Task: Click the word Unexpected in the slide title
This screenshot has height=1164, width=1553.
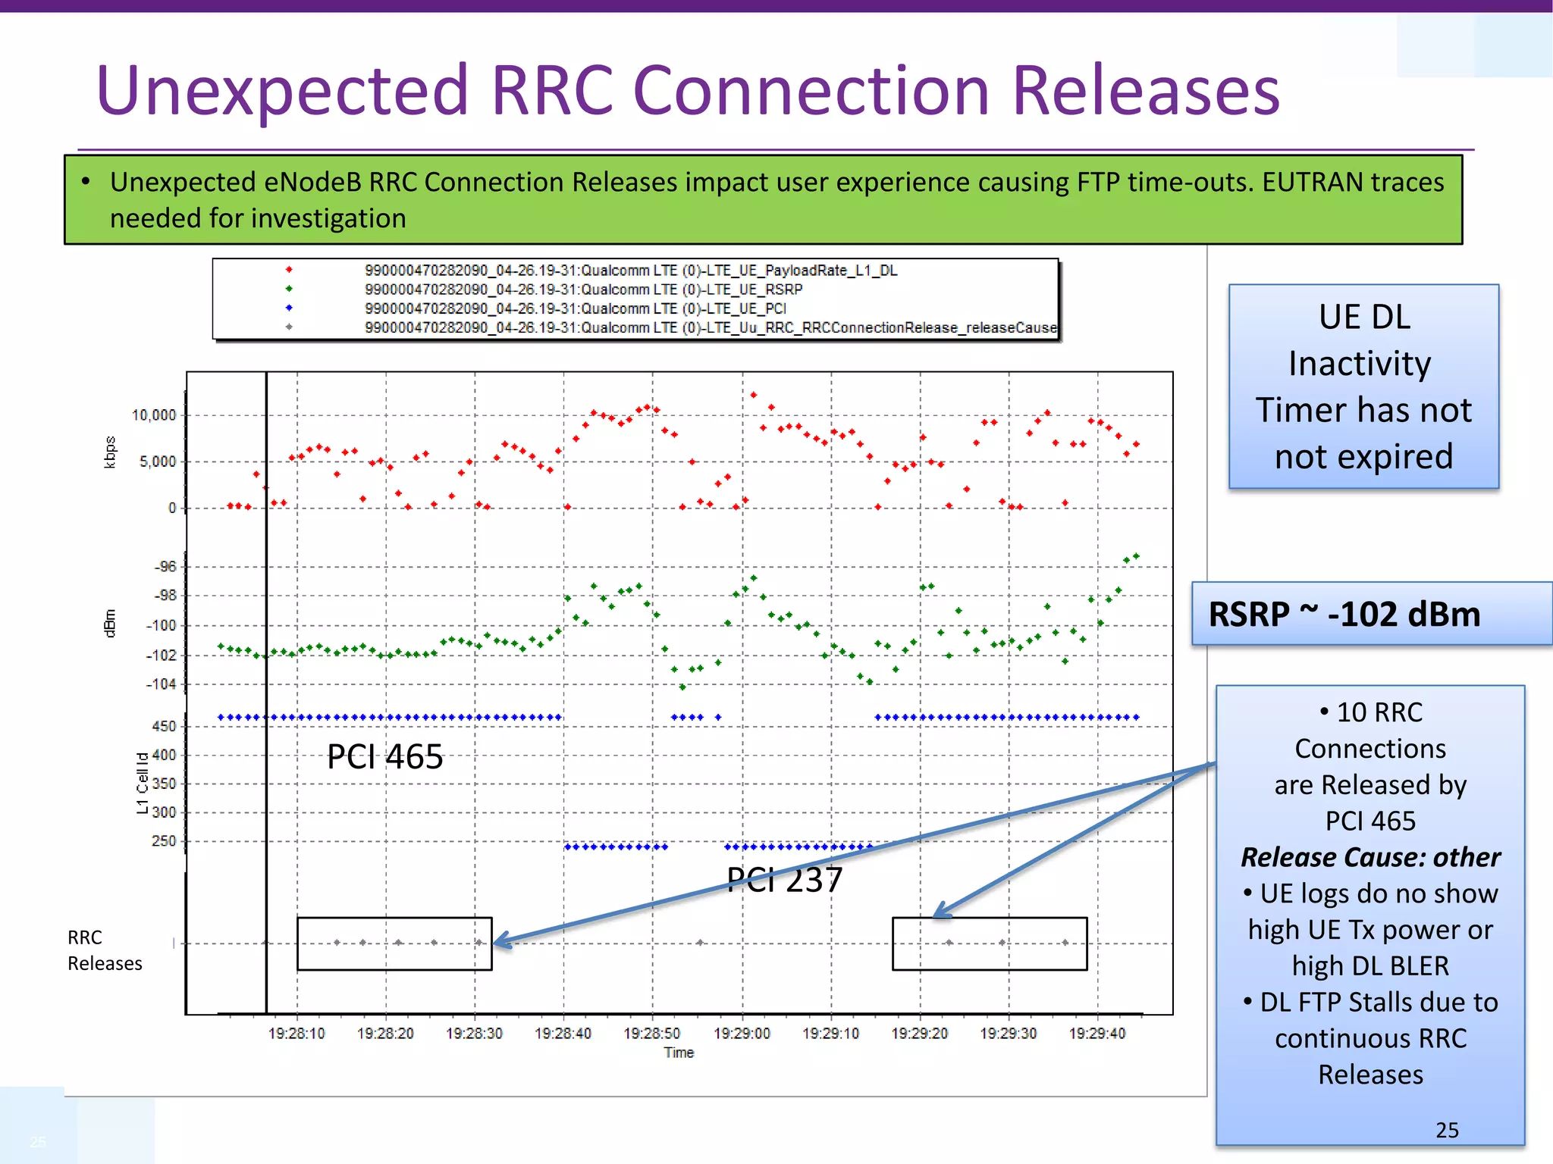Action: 282,91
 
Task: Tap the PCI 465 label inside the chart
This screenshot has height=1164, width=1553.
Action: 384,756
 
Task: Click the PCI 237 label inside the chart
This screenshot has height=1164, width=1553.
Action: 784,880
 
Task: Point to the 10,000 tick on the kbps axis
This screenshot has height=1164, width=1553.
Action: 154,415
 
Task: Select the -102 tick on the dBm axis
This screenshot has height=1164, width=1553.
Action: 160,656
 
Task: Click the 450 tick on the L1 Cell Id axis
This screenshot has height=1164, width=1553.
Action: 164,726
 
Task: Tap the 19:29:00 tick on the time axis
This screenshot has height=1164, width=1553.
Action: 742,1034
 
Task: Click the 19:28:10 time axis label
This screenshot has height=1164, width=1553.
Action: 296,1034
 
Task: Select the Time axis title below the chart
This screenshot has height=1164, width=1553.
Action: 679,1053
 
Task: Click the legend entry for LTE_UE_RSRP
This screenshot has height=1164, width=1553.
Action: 582,289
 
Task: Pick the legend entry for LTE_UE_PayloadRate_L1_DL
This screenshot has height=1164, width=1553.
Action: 630,271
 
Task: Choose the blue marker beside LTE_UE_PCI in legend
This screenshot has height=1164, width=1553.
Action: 289,308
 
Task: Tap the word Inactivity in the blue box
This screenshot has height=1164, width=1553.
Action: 1360,364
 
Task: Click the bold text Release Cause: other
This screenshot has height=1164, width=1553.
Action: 1370,857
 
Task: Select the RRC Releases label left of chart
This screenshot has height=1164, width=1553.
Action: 104,950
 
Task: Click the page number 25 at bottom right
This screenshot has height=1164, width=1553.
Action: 1447,1130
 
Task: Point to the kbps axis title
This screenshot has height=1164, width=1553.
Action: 111,452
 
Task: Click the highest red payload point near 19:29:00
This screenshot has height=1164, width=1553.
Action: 753,395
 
